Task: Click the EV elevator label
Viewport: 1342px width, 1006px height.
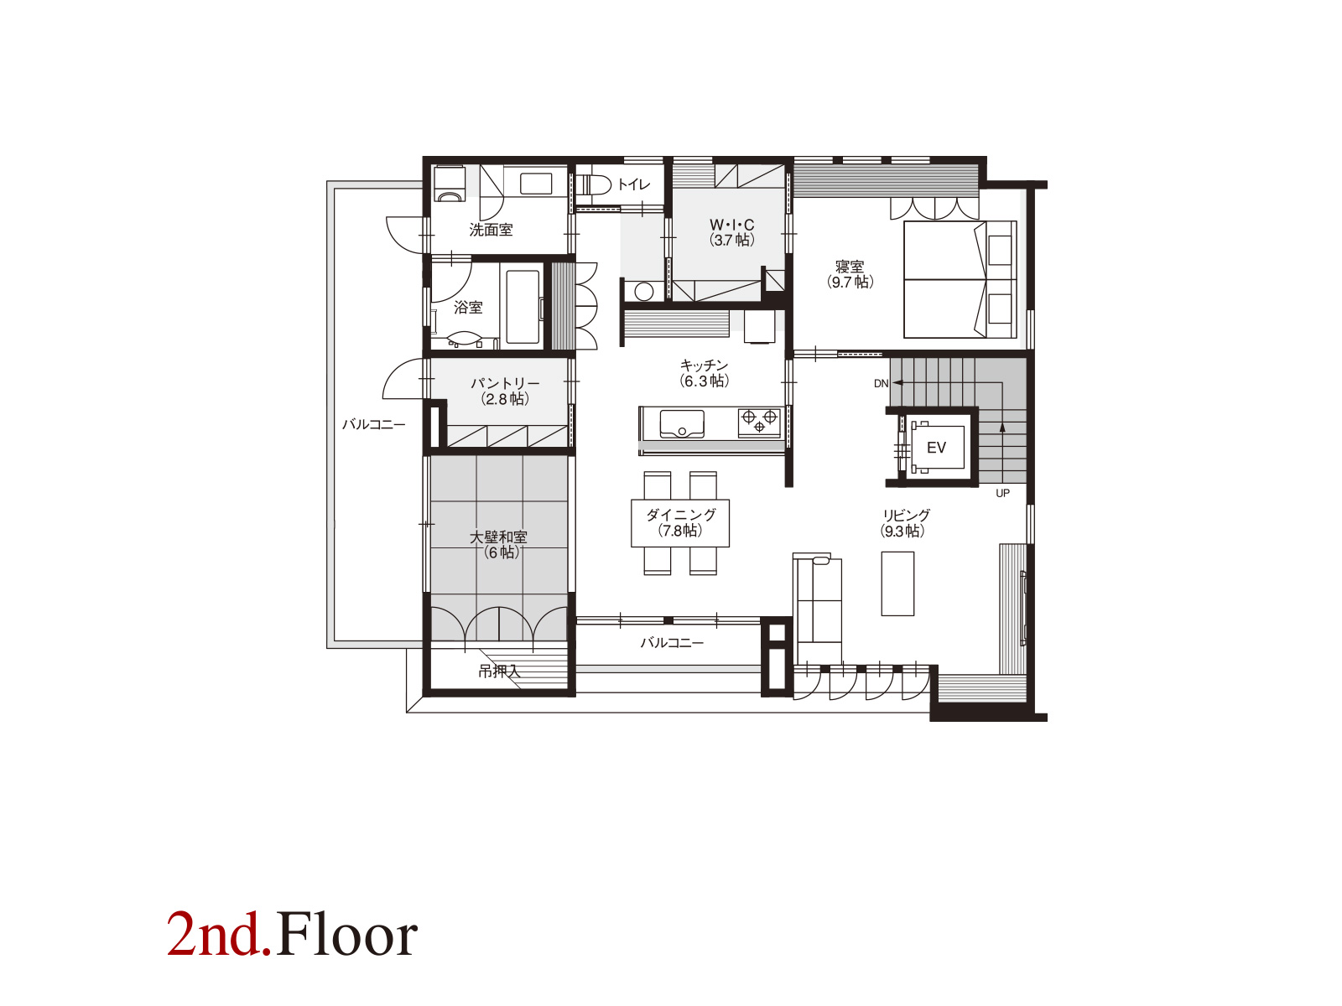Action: (935, 448)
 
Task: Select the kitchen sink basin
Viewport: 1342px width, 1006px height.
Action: (682, 423)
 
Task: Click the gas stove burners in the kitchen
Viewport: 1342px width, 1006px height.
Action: (759, 422)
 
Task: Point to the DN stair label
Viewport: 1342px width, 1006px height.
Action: (881, 384)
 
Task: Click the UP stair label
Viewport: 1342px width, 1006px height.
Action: (1002, 493)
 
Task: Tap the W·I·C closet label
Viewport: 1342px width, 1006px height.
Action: (732, 232)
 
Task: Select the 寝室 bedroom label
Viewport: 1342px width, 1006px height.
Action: (850, 274)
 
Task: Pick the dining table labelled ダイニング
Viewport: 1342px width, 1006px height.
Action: (680, 523)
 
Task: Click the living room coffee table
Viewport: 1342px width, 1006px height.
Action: (897, 583)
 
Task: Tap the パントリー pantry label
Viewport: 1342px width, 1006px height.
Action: (505, 391)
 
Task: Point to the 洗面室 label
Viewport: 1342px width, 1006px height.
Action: (491, 230)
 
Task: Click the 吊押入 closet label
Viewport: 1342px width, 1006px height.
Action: (498, 672)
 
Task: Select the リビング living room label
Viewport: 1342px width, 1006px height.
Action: (903, 523)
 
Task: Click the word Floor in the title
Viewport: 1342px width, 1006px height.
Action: (346, 935)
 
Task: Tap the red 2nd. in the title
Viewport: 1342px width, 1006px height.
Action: (219, 935)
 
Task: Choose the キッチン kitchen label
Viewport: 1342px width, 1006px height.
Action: (705, 372)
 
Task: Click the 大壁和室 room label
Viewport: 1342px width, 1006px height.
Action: (498, 544)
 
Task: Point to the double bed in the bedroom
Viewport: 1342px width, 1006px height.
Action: (960, 279)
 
